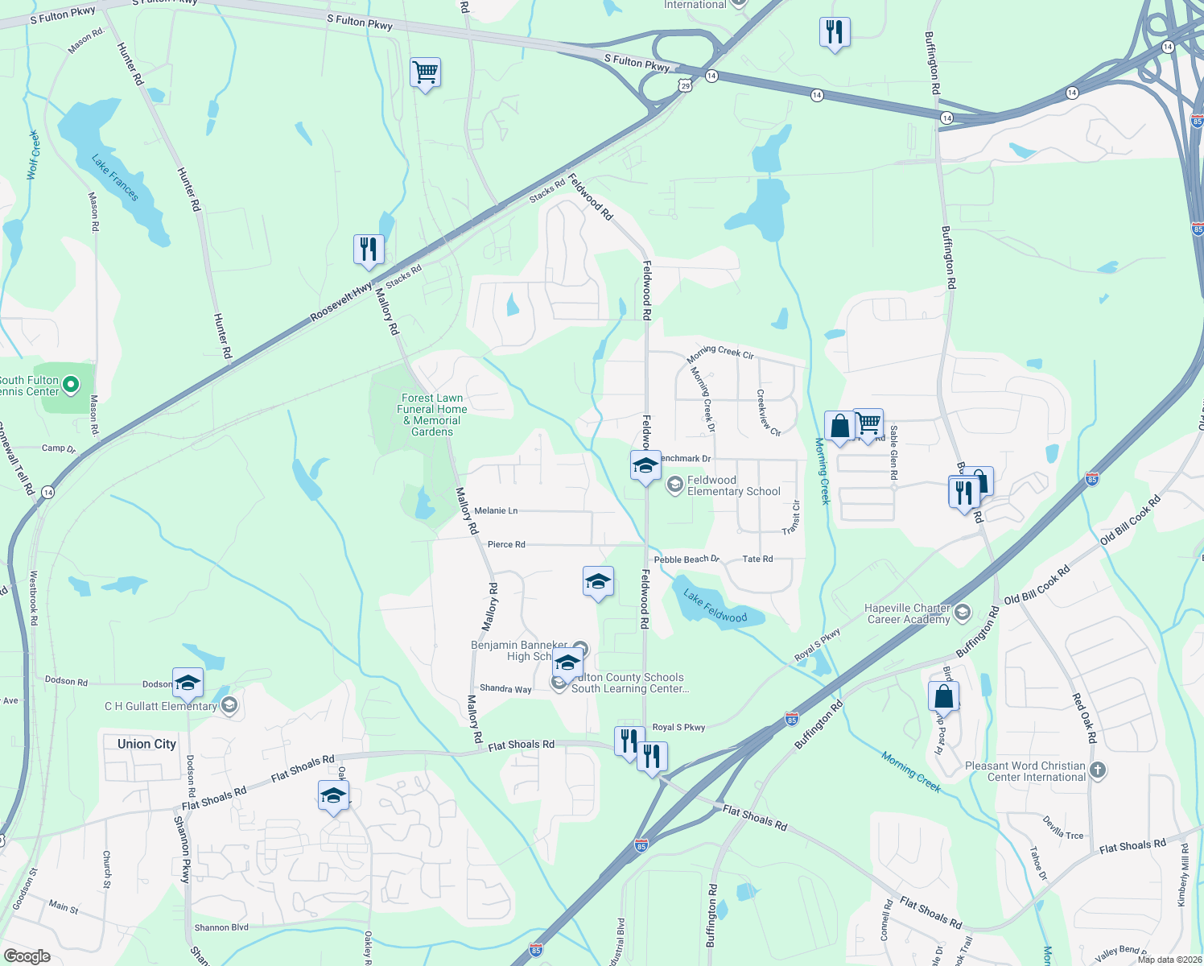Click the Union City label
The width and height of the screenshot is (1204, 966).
146,744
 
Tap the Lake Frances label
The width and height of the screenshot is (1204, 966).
115,179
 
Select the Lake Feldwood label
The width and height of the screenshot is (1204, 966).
715,606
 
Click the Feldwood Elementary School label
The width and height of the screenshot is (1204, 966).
733,485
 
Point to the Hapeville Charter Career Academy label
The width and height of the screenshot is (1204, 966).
908,613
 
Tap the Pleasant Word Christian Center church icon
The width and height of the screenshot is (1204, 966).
1098,770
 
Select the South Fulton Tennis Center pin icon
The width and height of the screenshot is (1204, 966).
71,386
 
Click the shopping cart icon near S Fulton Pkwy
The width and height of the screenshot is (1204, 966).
425,72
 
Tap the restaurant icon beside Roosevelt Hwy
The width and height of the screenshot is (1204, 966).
369,249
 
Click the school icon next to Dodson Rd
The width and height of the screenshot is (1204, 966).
188,683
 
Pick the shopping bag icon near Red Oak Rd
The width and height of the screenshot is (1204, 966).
943,696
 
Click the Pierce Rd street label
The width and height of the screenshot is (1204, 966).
506,545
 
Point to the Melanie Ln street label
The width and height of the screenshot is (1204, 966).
496,511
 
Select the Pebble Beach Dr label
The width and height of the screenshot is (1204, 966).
687,559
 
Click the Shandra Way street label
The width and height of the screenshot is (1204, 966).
505,689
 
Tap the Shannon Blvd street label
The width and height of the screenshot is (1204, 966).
221,928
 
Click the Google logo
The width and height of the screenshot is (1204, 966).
27,956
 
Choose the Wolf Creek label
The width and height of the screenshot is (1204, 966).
33,155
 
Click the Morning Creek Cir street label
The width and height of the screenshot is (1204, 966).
720,353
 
